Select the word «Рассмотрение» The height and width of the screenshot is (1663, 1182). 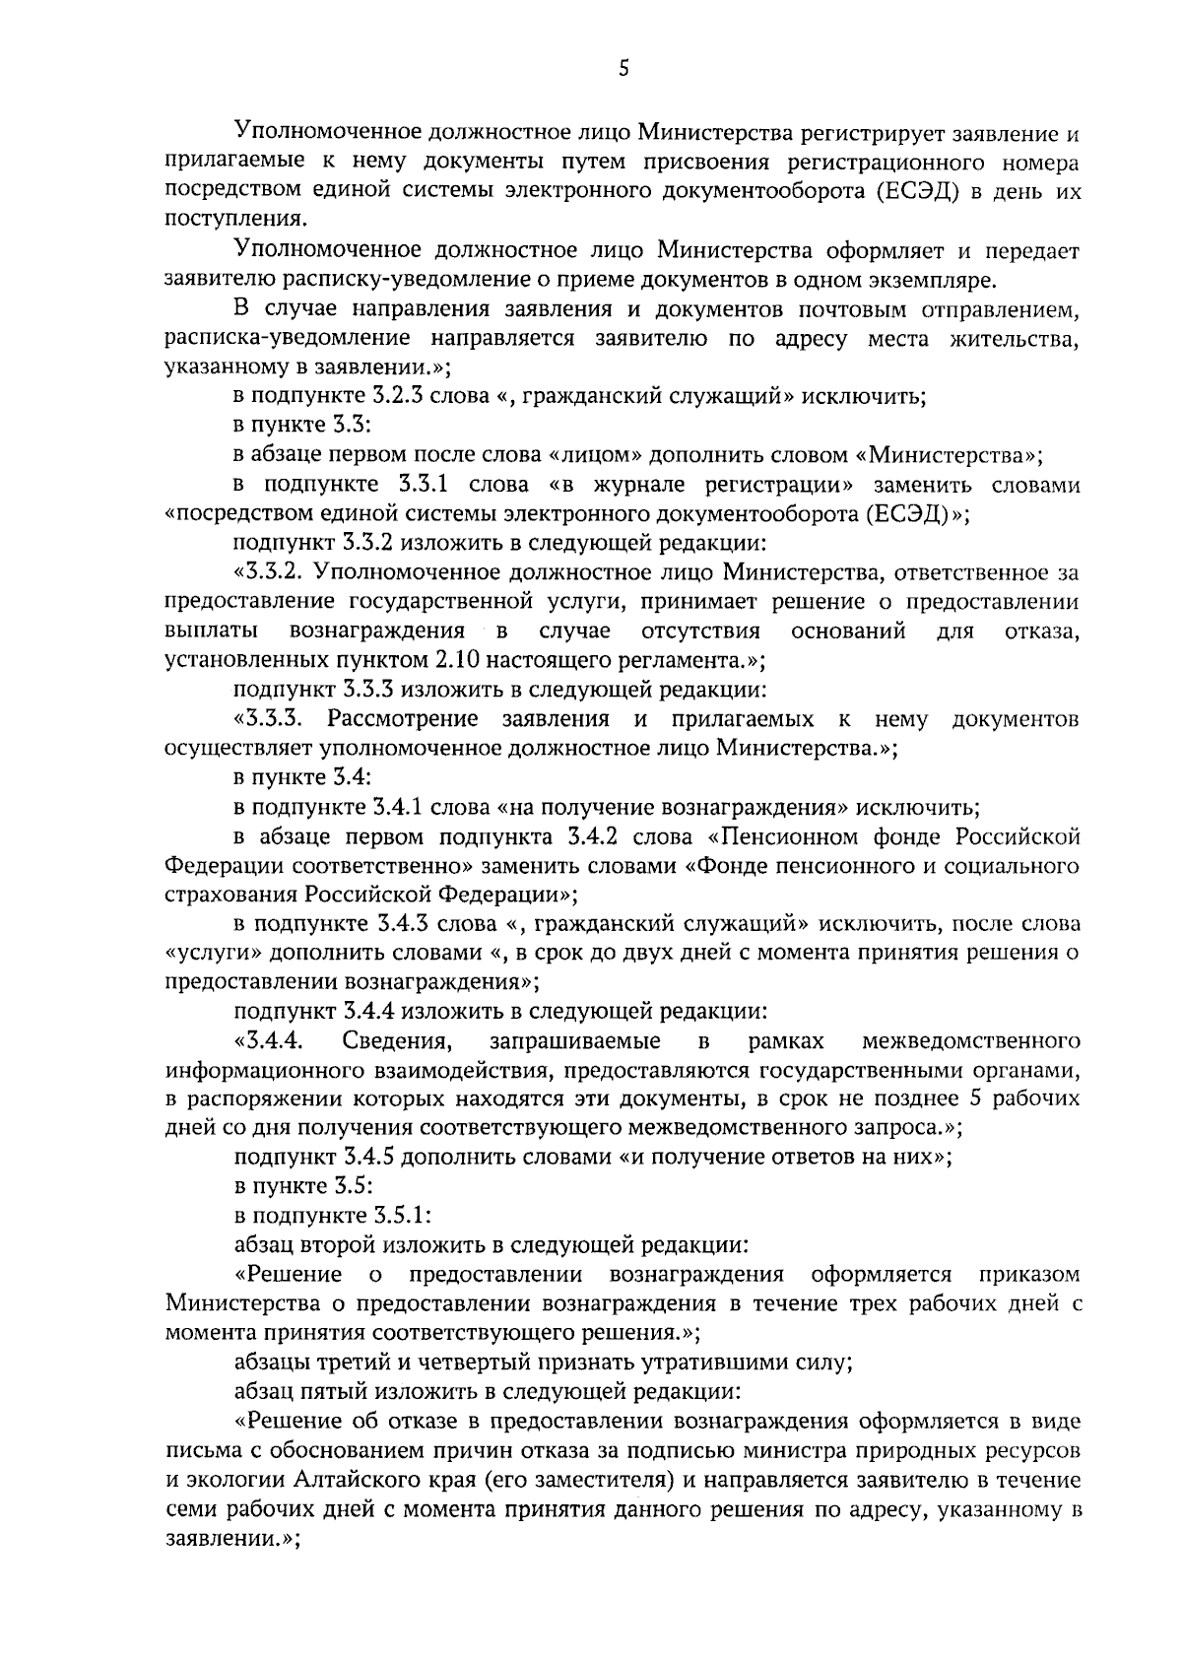(403, 719)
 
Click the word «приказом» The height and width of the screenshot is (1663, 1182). (1031, 1275)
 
